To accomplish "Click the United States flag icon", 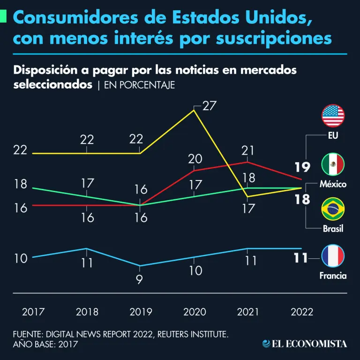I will (x=333, y=116).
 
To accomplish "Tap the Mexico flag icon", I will (x=333, y=164).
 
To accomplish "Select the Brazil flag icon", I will (x=333, y=209).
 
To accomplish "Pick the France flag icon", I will (x=333, y=256).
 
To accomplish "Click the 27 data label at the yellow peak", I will (x=209, y=105).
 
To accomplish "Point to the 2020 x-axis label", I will (x=195, y=312).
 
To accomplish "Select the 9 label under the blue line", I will (x=139, y=280).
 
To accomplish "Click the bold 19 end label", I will (x=302, y=167).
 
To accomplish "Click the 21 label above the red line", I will (x=248, y=150).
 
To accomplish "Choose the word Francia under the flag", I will (x=333, y=276).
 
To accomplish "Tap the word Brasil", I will (x=333, y=229).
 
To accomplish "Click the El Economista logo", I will (x=305, y=344).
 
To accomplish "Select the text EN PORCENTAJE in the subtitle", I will (x=139, y=85).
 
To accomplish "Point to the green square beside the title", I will (x=3, y=18).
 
